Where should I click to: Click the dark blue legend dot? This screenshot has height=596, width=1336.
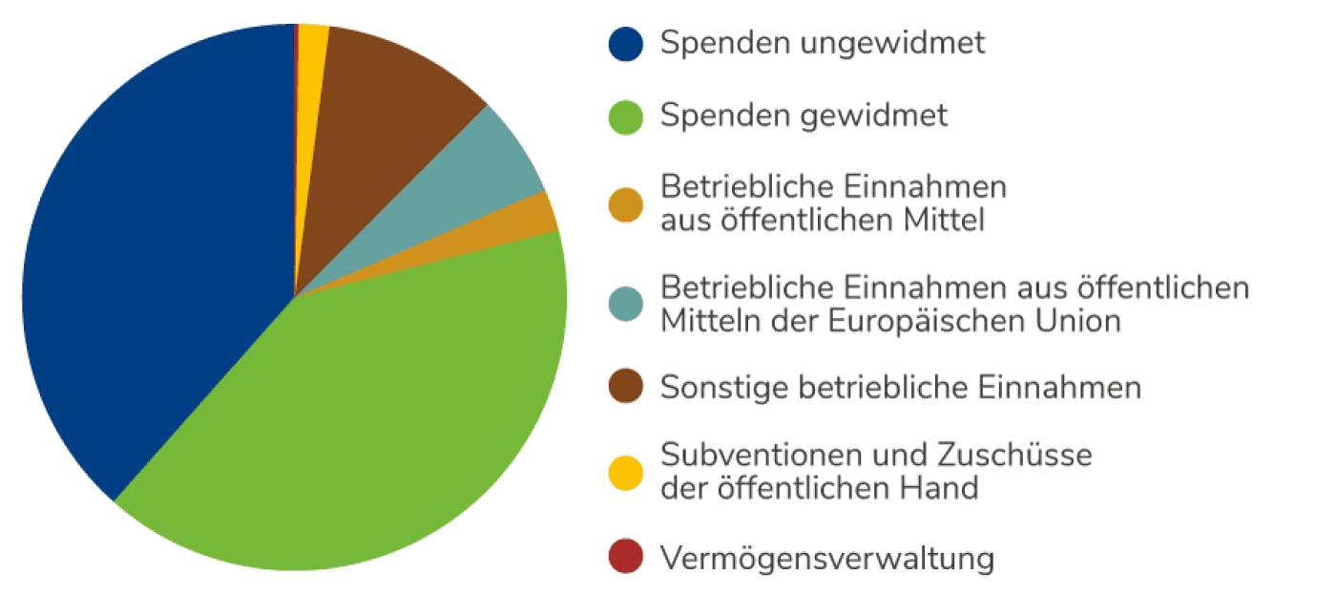(x=625, y=44)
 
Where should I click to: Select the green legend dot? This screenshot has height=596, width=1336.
(x=625, y=117)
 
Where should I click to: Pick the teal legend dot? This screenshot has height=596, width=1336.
(x=625, y=304)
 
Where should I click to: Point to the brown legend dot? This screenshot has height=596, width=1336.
(x=625, y=388)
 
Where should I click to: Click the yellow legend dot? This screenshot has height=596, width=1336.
(x=625, y=471)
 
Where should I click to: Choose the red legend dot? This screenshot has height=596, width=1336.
(x=625, y=558)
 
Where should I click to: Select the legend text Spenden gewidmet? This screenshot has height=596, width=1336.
(x=804, y=117)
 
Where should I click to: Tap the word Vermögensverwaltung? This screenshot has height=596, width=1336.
(x=826, y=559)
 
